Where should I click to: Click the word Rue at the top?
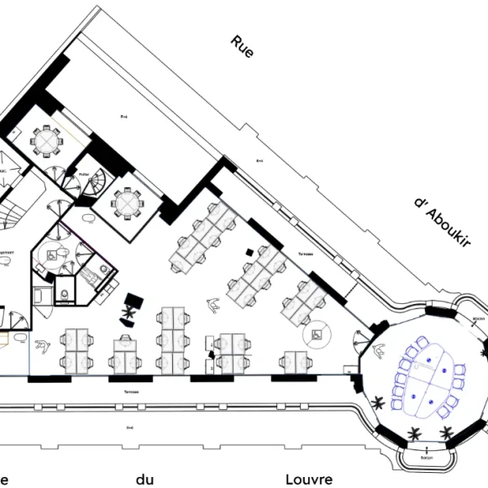241,48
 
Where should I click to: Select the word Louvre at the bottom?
309,479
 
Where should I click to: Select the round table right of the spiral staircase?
127,202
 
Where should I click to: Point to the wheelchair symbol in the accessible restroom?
53,251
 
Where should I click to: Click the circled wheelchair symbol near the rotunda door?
317,335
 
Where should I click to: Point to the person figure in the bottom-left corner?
41,344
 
